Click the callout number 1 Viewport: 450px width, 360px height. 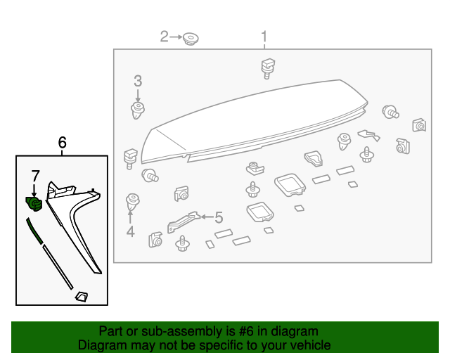(x=264, y=36)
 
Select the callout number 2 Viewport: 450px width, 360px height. (x=165, y=36)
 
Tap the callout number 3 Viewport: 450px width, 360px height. (x=138, y=81)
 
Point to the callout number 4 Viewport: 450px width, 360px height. (x=130, y=231)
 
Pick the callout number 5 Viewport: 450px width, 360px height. (x=218, y=217)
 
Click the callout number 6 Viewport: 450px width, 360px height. (x=62, y=143)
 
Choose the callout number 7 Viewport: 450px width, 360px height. (x=34, y=176)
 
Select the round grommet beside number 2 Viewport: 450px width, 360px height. (x=191, y=39)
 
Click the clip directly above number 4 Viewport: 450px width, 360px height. (x=131, y=202)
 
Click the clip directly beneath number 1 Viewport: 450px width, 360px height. (x=266, y=67)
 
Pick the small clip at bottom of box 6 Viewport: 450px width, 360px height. (x=81, y=297)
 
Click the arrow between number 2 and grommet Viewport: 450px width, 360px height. (x=176, y=37)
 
